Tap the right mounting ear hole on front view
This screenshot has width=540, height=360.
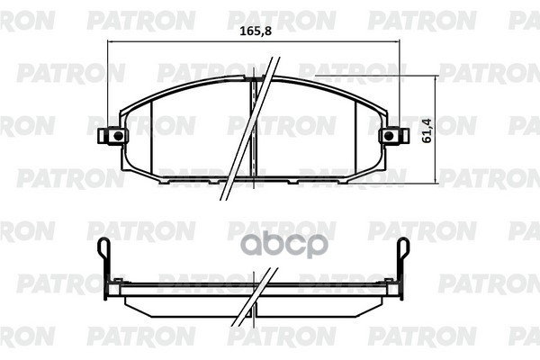point(390,136)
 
